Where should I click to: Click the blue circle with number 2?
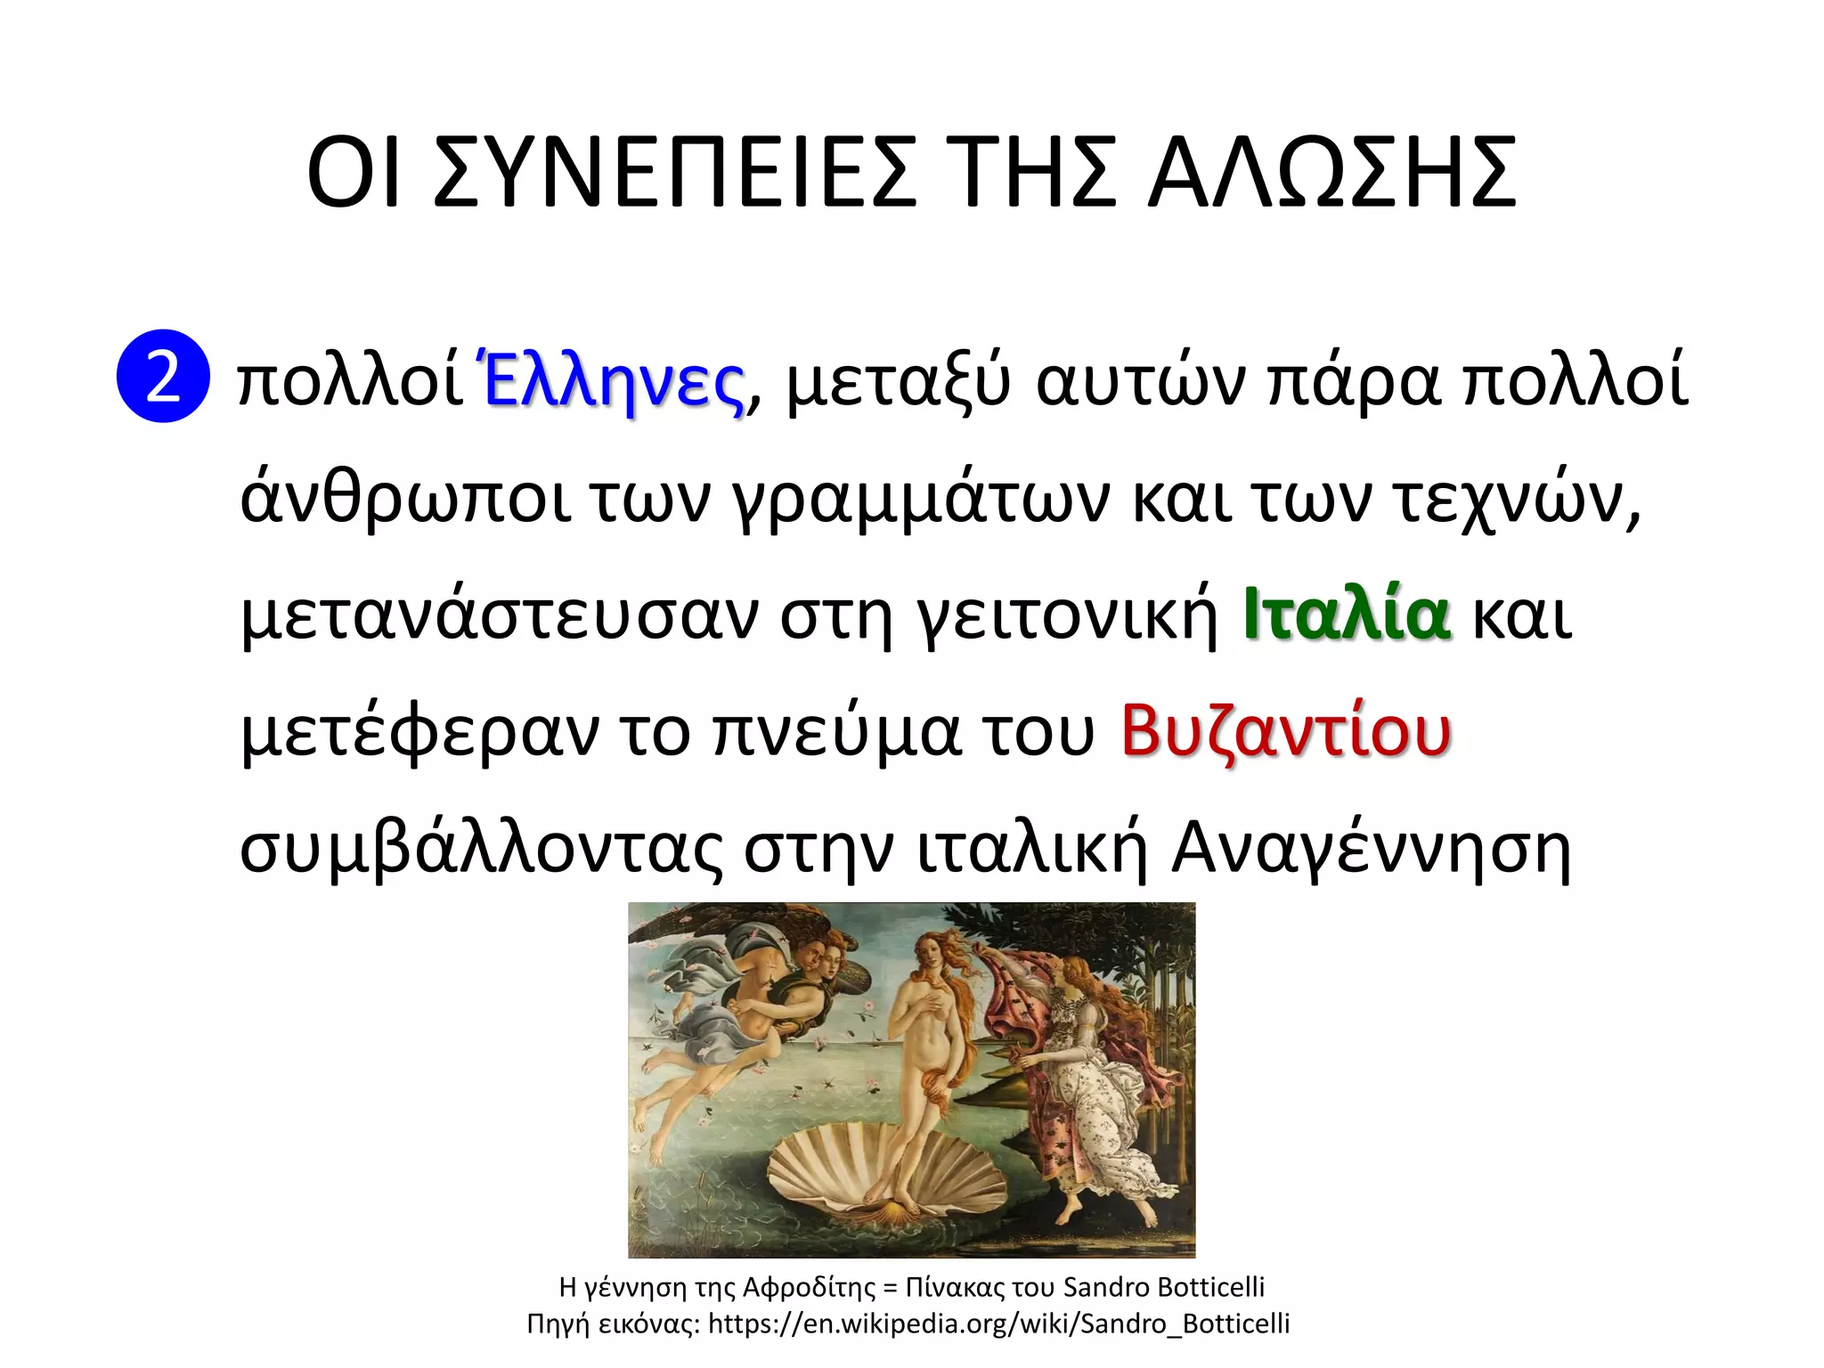coord(163,376)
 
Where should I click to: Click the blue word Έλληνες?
coord(613,381)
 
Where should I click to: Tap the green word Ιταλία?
coord(1346,615)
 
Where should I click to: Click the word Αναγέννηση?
coord(1372,850)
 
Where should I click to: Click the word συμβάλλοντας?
coord(481,850)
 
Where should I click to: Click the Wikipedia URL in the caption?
coord(998,1324)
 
